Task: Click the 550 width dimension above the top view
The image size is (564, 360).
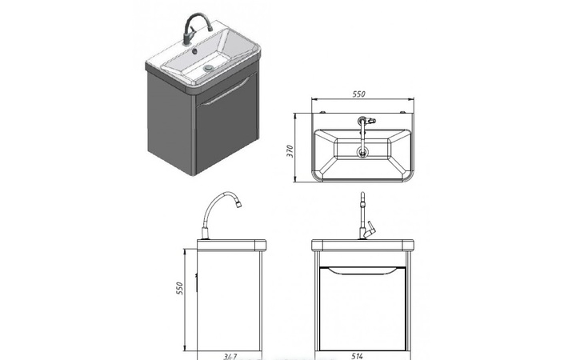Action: pos(358,94)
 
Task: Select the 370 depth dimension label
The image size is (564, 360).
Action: pos(290,151)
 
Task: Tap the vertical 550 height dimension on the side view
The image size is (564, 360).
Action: pos(179,289)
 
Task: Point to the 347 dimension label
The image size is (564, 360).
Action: pos(230,357)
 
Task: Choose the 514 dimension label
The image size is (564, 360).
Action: pos(357,356)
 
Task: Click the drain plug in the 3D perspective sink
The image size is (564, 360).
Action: pos(208,67)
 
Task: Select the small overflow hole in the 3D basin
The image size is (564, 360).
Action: pos(194,50)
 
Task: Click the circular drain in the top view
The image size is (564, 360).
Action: pos(362,152)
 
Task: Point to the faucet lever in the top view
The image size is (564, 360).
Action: pos(371,121)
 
